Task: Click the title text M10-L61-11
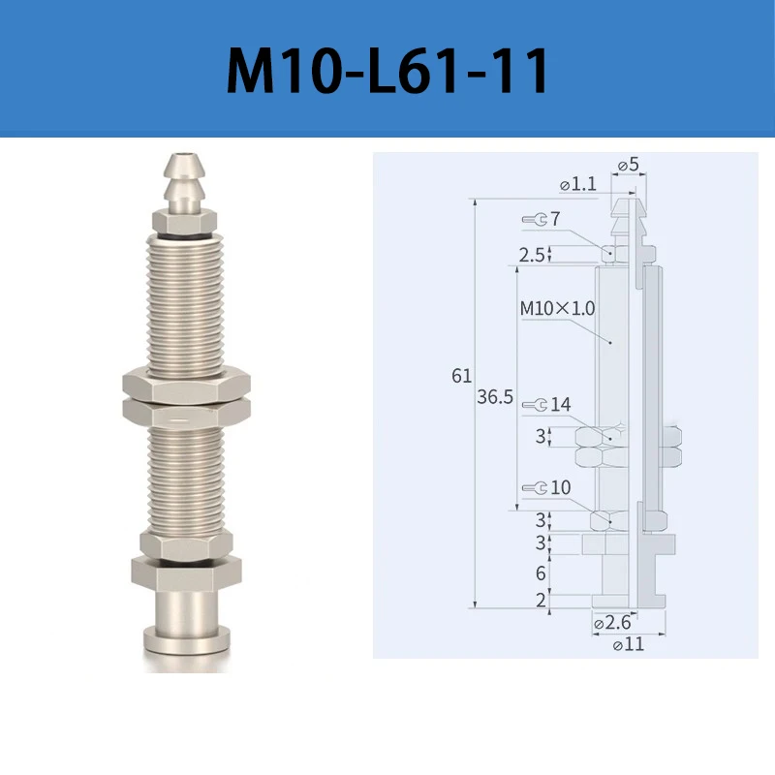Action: point(387,70)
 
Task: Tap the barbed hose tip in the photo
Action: point(184,182)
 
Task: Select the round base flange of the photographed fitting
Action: point(186,639)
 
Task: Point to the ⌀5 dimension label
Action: point(628,164)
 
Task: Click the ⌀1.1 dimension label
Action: point(578,184)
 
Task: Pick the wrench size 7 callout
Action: point(542,219)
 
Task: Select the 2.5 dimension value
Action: point(531,255)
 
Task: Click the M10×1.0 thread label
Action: point(558,308)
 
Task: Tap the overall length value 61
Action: point(462,376)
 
